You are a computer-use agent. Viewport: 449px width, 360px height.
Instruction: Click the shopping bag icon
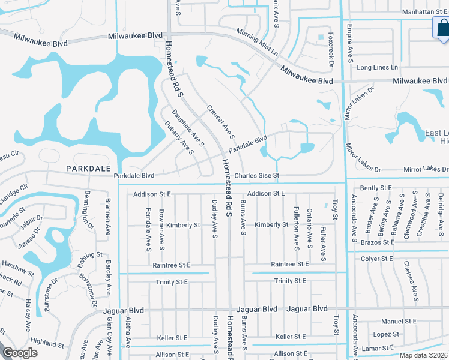pos(441,27)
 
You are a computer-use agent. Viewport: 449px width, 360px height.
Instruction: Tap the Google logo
pos(20,353)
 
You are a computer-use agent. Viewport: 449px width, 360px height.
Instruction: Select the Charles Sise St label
pos(257,176)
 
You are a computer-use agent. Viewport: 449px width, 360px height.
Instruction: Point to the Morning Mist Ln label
pos(257,42)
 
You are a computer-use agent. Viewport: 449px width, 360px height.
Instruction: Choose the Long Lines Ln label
pos(377,67)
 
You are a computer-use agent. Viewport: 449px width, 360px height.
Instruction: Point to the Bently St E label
pos(376,188)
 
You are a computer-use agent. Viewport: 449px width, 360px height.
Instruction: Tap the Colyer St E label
pos(376,259)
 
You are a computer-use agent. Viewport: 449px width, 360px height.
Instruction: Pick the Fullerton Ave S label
pos(297,230)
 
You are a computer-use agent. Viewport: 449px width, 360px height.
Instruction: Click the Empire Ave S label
pos(350,44)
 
